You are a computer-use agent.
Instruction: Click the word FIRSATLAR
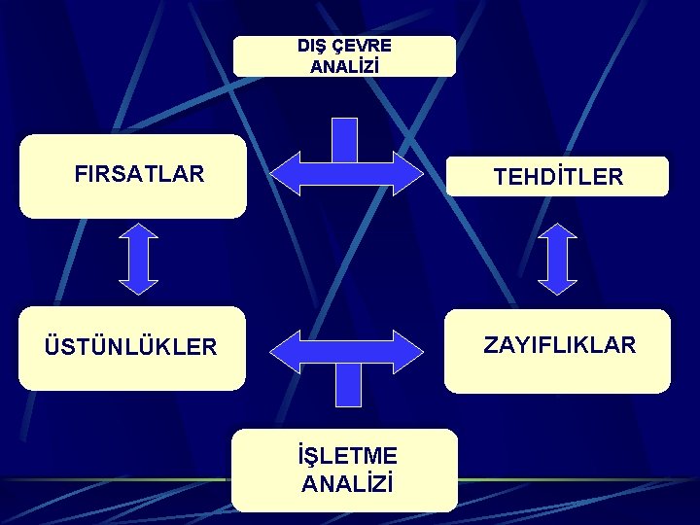[x=139, y=175]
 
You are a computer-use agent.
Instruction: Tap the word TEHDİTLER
[x=558, y=177]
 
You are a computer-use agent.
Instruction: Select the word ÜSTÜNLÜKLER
[x=129, y=347]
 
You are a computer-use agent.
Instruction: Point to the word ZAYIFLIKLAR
[x=560, y=345]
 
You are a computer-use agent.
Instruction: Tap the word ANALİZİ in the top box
[x=344, y=67]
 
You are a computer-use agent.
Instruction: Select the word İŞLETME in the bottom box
[x=348, y=455]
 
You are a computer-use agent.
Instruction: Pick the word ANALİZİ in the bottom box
[x=347, y=483]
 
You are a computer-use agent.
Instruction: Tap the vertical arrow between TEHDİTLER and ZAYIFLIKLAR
[x=557, y=260]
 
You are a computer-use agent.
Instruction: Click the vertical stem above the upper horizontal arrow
[x=344, y=137]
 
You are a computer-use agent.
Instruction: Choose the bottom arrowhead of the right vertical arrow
[x=557, y=285]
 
